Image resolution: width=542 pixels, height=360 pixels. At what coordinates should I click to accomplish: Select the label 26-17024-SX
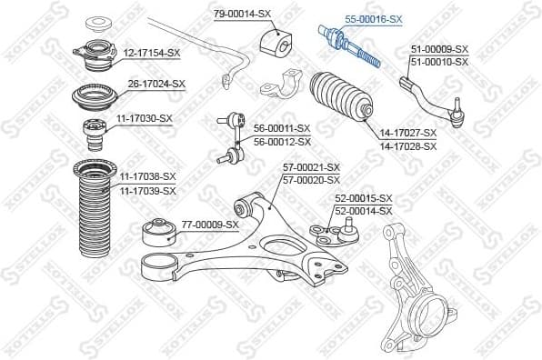pos(156,84)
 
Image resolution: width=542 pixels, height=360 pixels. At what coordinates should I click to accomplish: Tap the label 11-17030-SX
pos(143,118)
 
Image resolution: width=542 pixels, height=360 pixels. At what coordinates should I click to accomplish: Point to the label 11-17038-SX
pos(147,176)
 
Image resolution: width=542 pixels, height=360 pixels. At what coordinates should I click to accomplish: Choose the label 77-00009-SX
pos(209,224)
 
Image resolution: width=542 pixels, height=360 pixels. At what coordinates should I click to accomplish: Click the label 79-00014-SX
pos(242,15)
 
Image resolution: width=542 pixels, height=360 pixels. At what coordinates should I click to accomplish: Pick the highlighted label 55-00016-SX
pos(373,19)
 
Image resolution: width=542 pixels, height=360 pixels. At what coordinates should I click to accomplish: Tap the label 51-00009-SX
pos(439,49)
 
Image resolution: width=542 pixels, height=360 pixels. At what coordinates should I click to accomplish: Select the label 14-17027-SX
pos(407,134)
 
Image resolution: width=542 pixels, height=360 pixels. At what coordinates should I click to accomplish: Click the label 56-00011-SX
pos(281,128)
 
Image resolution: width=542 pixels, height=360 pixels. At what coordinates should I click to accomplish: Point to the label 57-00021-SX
pos(310,167)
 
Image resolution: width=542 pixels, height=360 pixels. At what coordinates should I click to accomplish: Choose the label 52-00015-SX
pos(363,198)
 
